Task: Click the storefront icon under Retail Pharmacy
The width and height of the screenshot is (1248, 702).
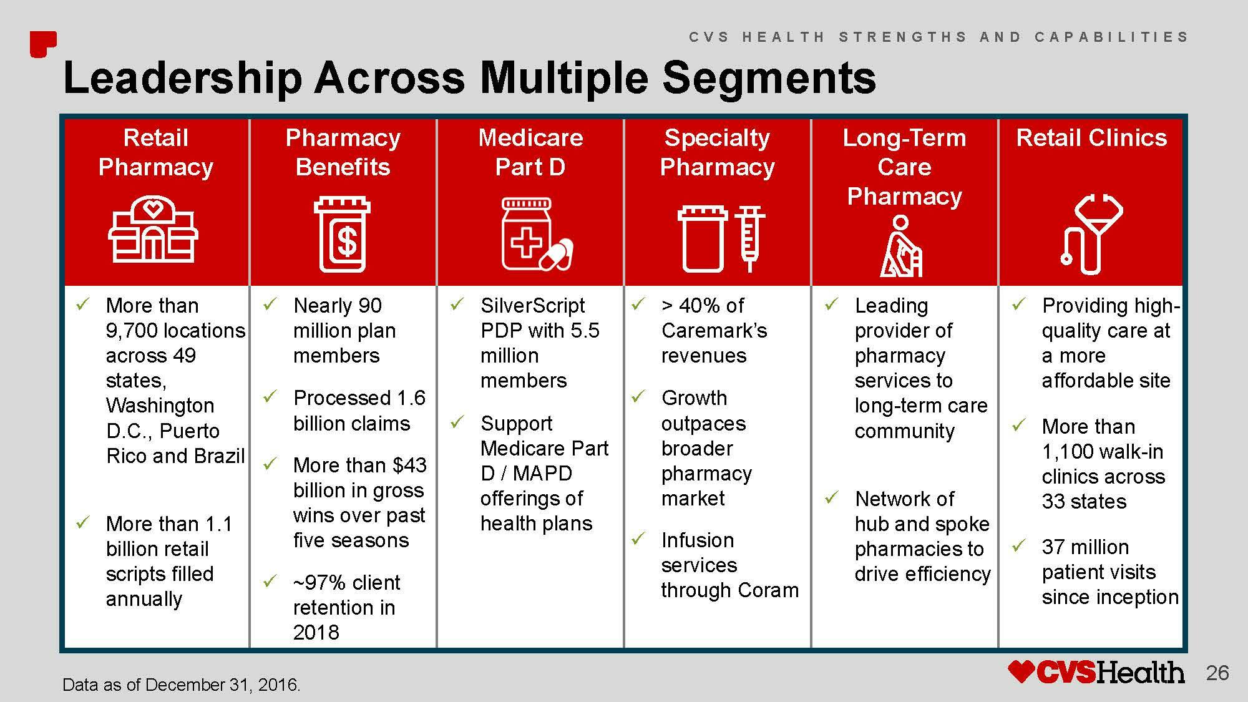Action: (153, 229)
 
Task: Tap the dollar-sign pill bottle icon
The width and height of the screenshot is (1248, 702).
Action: (342, 235)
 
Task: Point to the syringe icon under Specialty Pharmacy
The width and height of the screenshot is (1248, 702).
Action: (749, 239)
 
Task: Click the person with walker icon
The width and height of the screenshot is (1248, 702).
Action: (900, 246)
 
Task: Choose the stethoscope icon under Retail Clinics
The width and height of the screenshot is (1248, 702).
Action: (1091, 234)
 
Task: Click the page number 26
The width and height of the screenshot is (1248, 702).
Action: (1217, 673)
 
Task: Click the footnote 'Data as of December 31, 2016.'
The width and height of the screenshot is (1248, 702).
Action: (182, 685)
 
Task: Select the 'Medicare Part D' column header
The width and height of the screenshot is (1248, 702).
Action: (530, 152)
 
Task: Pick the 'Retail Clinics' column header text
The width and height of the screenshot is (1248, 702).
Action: (1091, 137)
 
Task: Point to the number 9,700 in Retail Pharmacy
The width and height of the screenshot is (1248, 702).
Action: (133, 330)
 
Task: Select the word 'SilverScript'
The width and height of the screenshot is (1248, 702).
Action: (532, 306)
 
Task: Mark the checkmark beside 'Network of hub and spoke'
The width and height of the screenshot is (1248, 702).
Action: (831, 497)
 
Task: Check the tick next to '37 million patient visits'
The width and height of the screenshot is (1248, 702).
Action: (1018, 546)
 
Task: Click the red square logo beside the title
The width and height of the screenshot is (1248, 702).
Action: (43, 44)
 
